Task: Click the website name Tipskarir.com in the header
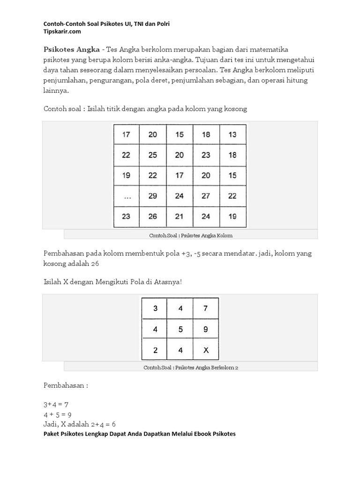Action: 62,31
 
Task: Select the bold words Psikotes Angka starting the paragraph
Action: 71,49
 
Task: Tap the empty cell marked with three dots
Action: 126,196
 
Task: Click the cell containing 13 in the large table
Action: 232,135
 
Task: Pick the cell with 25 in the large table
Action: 153,155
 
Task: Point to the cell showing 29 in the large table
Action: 153,196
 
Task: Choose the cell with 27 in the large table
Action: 206,196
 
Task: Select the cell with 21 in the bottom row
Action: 179,217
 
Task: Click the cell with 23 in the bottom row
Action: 126,217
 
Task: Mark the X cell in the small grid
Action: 206,350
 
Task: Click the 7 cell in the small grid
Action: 206,308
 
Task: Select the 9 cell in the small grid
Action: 206,330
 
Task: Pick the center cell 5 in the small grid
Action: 180,330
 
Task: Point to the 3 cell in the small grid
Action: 155,308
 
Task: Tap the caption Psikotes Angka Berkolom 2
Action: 207,367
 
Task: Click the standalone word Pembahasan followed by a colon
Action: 64,385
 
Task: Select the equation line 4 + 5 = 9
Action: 58,414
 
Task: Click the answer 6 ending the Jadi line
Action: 113,424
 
